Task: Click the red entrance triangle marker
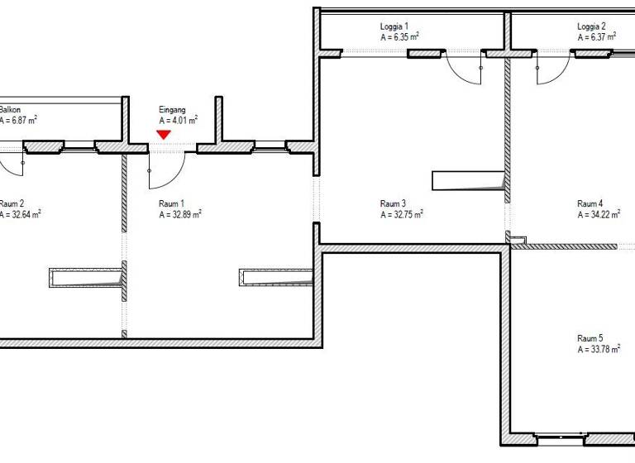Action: tap(164, 134)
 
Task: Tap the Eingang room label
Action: tap(173, 109)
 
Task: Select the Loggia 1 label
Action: tap(394, 26)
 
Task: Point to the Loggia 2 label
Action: tap(591, 26)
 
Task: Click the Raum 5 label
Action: tap(590, 338)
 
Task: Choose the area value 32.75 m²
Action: tap(402, 214)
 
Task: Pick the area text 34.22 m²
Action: tap(599, 214)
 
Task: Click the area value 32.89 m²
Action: tap(180, 214)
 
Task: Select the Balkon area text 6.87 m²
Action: tap(18, 120)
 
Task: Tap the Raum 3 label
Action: tap(393, 203)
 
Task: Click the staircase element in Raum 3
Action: tap(468, 180)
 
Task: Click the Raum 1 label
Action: tap(172, 203)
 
